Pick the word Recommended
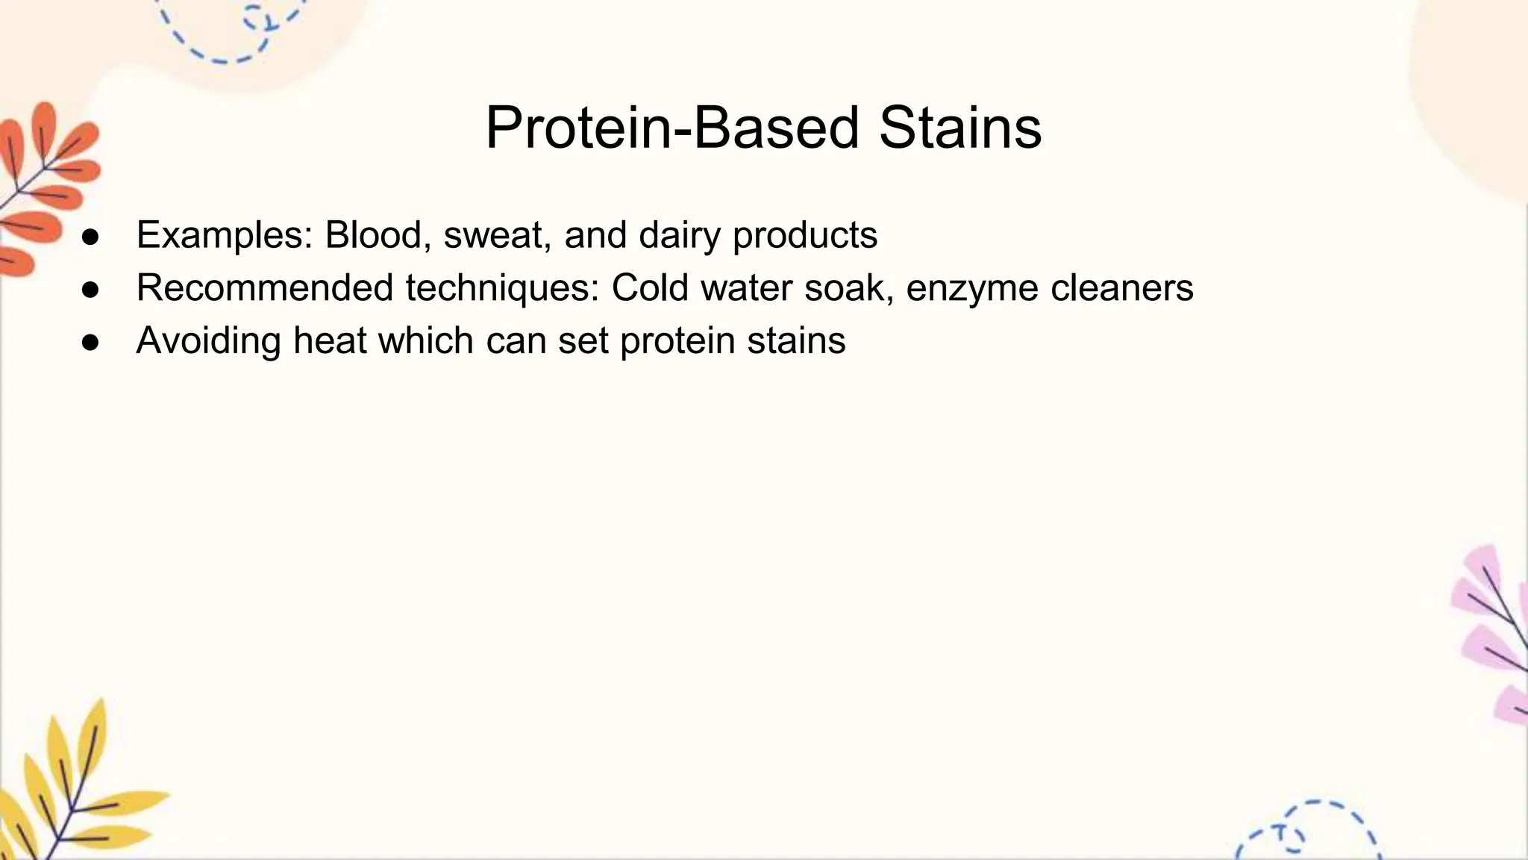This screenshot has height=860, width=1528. pos(264,287)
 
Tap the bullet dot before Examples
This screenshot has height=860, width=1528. pos(90,237)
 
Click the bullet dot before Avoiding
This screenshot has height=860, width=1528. pos(90,343)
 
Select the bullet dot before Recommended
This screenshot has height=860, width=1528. pos(90,290)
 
